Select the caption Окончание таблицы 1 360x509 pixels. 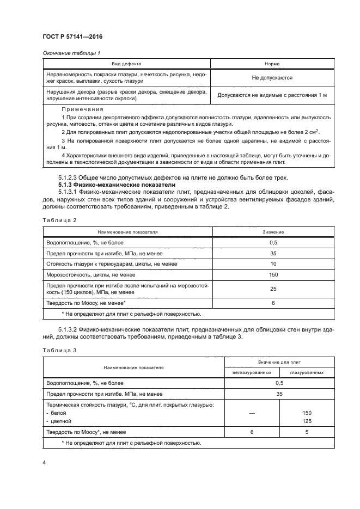70,53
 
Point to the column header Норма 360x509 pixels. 272,64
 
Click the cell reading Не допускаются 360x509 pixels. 272,78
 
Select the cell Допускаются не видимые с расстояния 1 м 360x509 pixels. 272,95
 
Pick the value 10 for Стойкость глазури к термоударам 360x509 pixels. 273,263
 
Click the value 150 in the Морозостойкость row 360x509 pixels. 273,274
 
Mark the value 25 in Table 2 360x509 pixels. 273,289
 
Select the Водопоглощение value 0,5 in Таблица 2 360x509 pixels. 273,242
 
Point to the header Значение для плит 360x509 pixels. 279,361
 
